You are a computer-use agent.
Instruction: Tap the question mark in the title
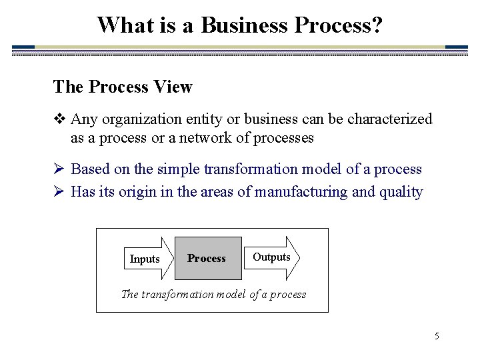tap(377, 25)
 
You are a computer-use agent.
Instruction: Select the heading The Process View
tap(123, 87)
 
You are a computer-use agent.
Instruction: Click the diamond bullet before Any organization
tap(59, 120)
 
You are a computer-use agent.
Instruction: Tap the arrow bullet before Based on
tap(59, 169)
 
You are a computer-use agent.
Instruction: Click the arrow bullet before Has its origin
tap(59, 192)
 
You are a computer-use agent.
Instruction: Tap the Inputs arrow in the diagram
tap(146, 259)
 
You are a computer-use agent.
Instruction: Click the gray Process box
tap(207, 258)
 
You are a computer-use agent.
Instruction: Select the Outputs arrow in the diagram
tap(273, 257)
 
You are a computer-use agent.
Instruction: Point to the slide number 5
tap(437, 336)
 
